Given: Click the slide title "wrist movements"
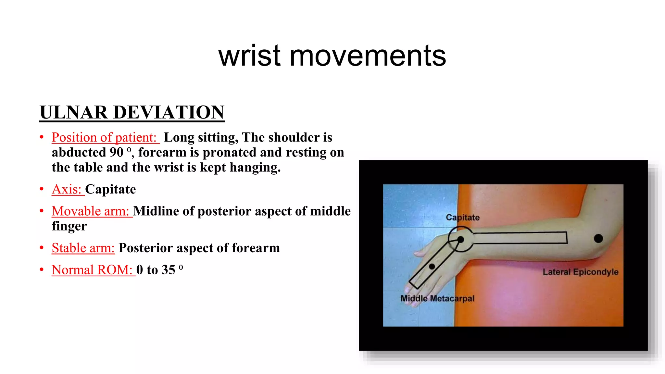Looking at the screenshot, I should coord(332,56).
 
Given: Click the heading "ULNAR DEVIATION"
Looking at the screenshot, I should coord(132,112).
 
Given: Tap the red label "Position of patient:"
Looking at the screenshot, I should coord(104,137).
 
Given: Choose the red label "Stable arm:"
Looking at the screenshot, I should coord(83,248).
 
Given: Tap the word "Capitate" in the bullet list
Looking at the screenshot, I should coord(111,189).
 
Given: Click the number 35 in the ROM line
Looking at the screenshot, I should coord(169,270).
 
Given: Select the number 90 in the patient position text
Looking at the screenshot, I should coord(116,152).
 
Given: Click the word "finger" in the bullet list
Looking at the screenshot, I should coord(69,226).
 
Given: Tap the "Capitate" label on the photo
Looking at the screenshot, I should coord(462,217).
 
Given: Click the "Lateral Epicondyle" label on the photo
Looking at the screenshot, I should coord(580,272).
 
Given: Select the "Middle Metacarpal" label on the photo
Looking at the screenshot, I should coord(437,298).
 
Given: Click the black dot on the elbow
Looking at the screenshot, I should coord(598,239).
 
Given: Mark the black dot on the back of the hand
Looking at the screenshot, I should coord(432,267).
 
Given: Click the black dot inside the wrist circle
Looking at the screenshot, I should coord(460,240).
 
